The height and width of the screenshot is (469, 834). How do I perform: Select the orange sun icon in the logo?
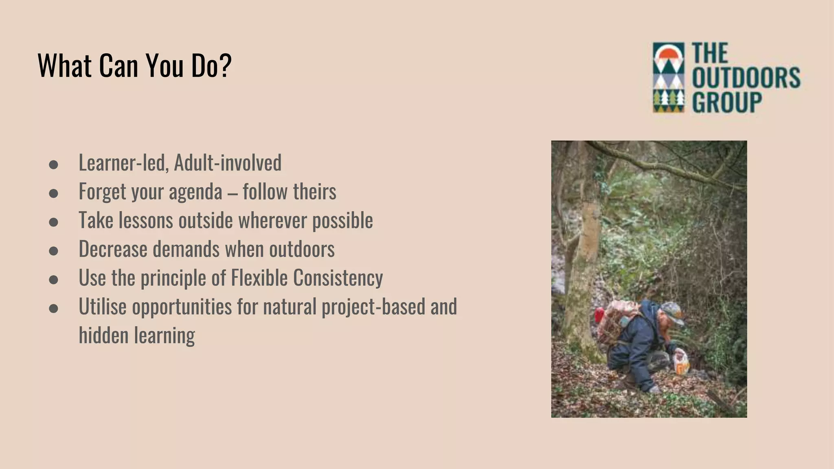coord(668,54)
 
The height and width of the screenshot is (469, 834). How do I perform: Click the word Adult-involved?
coord(228,162)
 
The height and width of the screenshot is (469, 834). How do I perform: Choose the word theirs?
coord(315,191)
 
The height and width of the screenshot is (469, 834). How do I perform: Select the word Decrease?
coord(113,249)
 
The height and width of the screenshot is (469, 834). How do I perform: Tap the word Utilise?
coord(103,307)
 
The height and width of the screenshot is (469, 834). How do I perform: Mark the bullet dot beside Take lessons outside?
coord(53,222)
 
